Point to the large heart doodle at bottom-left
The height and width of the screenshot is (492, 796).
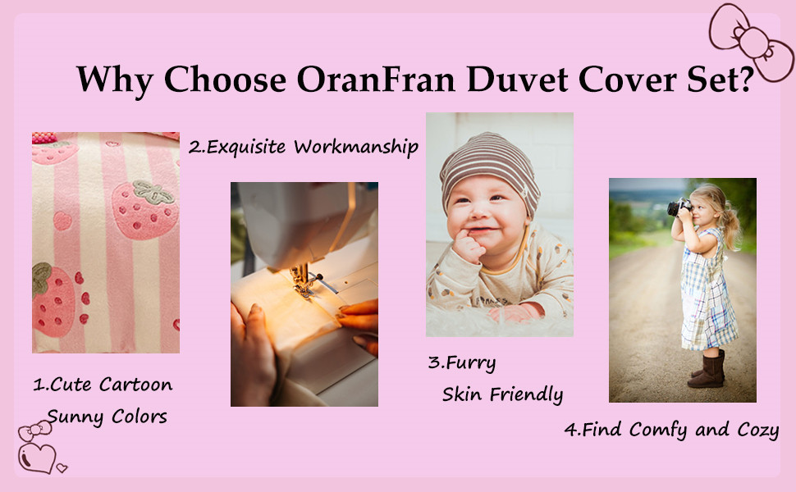tap(37, 458)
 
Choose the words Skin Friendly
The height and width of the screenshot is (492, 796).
tap(502, 394)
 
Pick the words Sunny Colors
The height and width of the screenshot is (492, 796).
tap(107, 417)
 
